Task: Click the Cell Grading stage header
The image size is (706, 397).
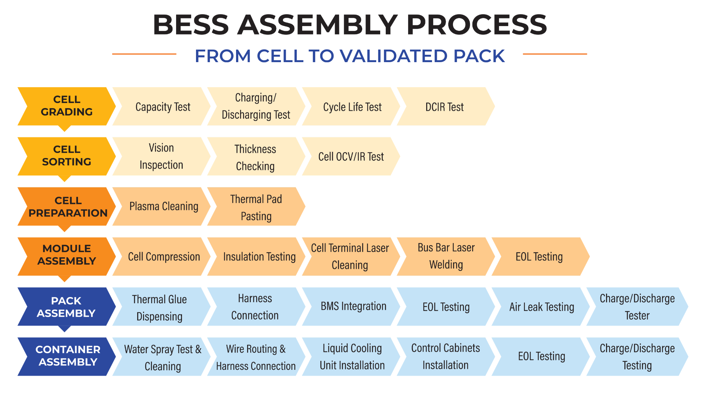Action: coord(67,106)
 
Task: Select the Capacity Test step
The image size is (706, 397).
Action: coord(162,107)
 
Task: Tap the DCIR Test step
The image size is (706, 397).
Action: coord(445,107)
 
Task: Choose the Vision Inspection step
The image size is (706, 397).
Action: coord(162,157)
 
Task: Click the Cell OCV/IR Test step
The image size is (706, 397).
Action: coord(351,157)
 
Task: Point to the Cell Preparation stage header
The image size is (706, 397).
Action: coord(67,207)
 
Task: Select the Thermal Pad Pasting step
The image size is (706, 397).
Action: coord(256,207)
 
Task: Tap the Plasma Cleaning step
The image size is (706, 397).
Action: coord(162,207)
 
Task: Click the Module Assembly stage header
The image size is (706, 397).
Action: coord(67,257)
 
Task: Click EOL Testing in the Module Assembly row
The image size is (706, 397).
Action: coord(540,257)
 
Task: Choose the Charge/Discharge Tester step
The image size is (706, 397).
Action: coord(637,307)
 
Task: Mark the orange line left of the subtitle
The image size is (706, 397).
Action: coord(144,54)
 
